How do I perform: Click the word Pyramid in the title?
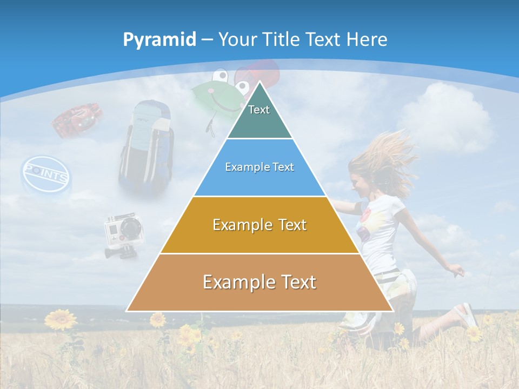tap(159, 40)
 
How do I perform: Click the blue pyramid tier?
tap(259, 167)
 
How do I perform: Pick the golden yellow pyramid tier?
tap(259, 225)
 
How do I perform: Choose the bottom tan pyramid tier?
tap(259, 283)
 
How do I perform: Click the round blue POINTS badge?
tap(45, 175)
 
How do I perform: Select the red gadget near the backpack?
tap(78, 119)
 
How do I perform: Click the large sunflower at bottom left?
tap(61, 319)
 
